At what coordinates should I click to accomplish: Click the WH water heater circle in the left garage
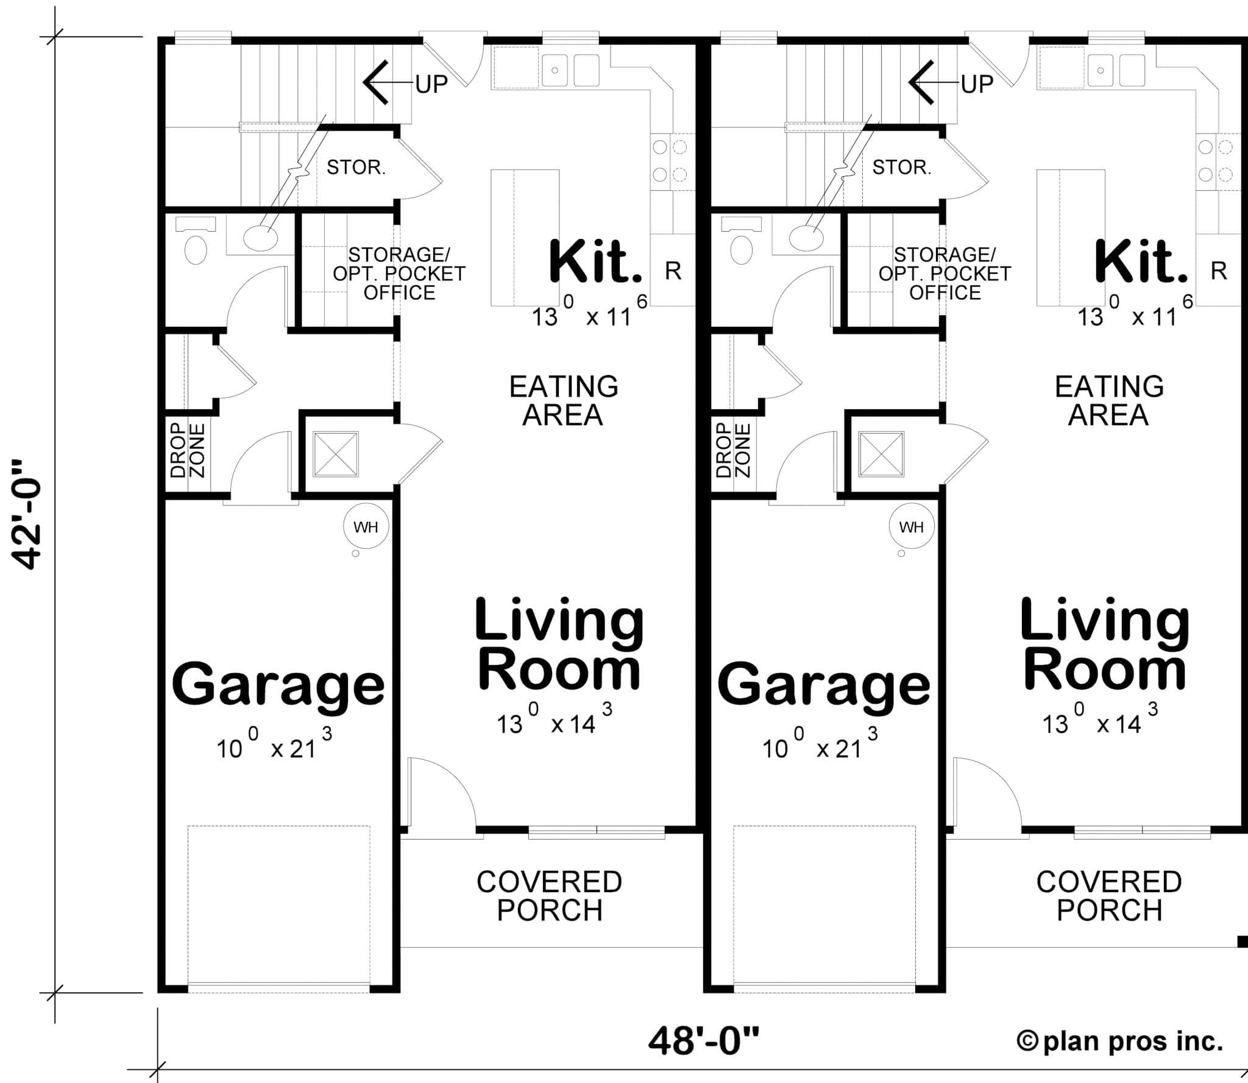[x=366, y=527]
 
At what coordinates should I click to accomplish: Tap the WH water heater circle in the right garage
[x=911, y=527]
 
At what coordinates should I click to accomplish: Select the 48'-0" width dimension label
[x=704, y=1041]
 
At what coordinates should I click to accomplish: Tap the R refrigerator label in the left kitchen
[x=673, y=271]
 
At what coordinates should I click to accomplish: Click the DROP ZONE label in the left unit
[x=188, y=451]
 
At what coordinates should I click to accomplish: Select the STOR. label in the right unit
[x=902, y=167]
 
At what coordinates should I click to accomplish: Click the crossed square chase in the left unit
[x=336, y=454]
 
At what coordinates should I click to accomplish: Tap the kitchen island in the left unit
[x=525, y=238]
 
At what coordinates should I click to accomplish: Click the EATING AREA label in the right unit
[x=1109, y=401]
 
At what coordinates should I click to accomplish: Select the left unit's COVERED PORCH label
[x=549, y=896]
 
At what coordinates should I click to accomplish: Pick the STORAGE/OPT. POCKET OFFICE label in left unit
[x=399, y=273]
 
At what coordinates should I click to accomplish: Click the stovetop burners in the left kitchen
[x=669, y=160]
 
